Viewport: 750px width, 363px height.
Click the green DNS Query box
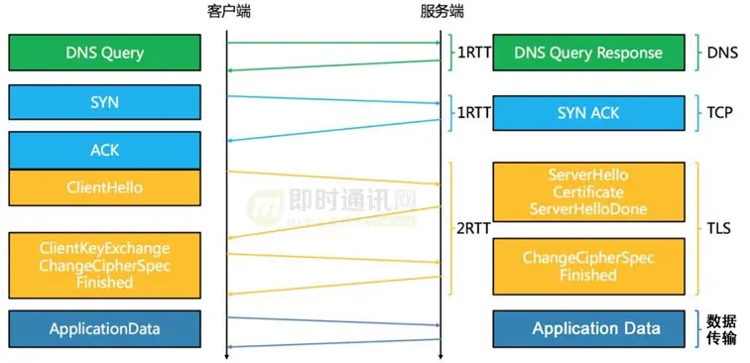click(x=104, y=53)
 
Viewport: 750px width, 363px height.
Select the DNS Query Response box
click(x=588, y=53)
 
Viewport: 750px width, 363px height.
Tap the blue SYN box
click(x=104, y=102)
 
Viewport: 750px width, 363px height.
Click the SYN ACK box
click(x=588, y=113)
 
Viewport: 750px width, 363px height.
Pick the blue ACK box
click(x=104, y=151)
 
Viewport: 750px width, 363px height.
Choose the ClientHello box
click(x=104, y=187)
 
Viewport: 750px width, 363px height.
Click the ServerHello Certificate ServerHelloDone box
click(x=588, y=192)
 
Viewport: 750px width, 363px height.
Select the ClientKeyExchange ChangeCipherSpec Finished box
click(x=104, y=265)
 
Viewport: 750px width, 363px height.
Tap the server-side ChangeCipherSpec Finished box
click(x=588, y=266)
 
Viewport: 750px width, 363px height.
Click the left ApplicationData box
click(x=104, y=328)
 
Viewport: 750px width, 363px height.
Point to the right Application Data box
click(x=588, y=328)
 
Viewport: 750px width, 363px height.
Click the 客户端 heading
click(x=227, y=12)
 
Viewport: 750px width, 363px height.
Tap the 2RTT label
click(x=472, y=229)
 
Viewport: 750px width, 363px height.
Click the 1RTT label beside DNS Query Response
click(x=472, y=53)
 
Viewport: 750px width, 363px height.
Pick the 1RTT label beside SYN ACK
click(x=472, y=113)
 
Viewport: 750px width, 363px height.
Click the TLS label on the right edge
click(x=721, y=229)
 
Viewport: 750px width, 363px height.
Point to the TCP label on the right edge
click(x=721, y=113)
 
